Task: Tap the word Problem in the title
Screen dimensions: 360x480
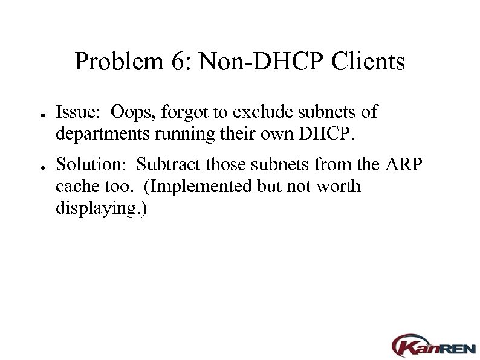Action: [115, 62]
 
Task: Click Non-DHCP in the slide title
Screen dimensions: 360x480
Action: [257, 62]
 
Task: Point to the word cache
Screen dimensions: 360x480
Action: [73, 187]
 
